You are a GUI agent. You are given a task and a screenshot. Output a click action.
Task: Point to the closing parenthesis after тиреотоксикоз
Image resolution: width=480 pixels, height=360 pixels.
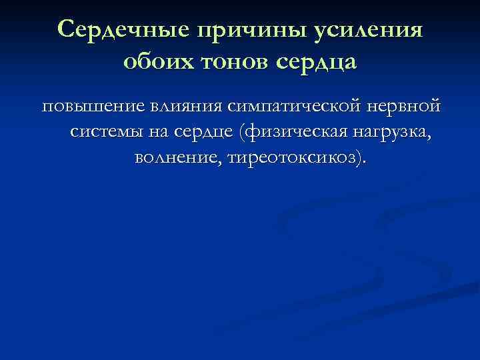pyautogui.click(x=361, y=159)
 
